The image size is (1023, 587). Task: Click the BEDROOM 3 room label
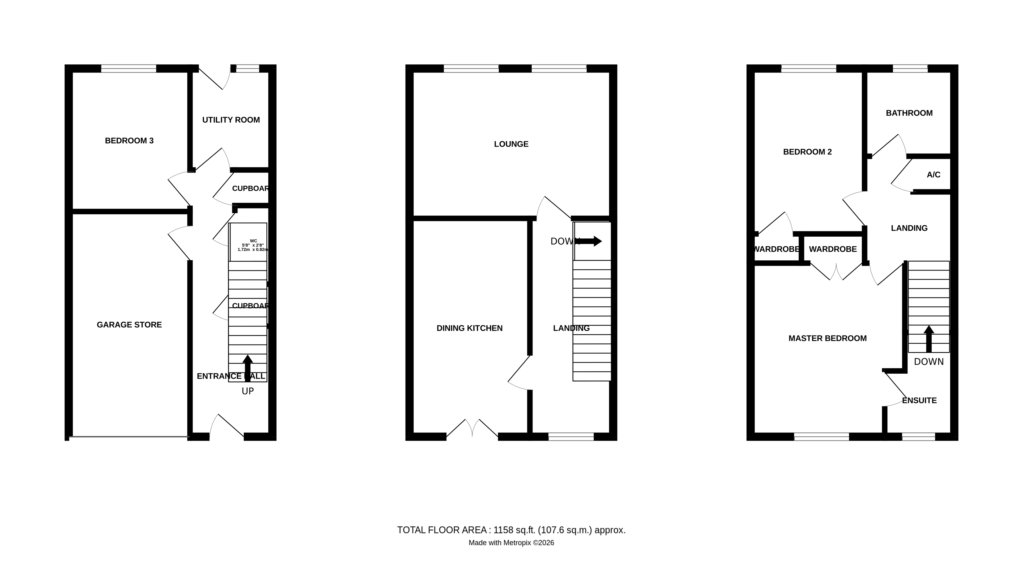pos(129,141)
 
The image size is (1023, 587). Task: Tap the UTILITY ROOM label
pos(231,120)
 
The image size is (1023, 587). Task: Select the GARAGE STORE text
pos(129,325)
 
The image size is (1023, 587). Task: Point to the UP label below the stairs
pos(247,391)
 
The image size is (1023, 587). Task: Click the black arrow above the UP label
pos(247,367)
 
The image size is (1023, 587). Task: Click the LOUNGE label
pos(511,144)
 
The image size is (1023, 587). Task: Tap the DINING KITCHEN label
pos(469,328)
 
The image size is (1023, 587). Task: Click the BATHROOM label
pos(909,113)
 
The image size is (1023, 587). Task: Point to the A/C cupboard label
pos(933,175)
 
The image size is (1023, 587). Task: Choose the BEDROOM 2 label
pos(807,152)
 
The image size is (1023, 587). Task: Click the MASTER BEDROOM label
pos(827,338)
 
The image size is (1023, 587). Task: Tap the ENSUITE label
pos(919,400)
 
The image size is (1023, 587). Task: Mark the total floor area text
pos(511,530)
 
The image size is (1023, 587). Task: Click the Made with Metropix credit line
pos(511,543)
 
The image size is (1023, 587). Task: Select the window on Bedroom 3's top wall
pos(128,68)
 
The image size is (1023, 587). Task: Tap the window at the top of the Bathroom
pos(910,68)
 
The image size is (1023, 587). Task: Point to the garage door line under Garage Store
pos(129,437)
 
